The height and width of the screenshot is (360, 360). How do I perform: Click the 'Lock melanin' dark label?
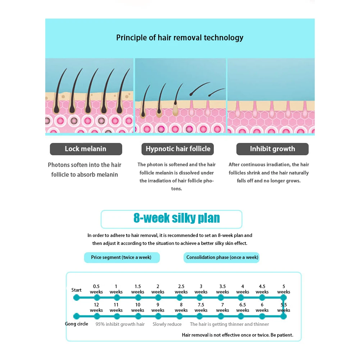(x=86, y=149)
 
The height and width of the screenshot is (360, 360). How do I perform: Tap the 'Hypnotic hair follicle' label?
(x=178, y=149)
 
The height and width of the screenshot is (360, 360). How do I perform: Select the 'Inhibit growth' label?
(x=273, y=149)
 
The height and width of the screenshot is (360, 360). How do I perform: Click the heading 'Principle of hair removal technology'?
(x=180, y=38)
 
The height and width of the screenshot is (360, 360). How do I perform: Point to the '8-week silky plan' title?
(x=177, y=218)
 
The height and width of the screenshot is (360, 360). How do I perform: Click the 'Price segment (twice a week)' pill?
(x=122, y=258)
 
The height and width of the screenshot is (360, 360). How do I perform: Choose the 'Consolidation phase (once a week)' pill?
(x=222, y=258)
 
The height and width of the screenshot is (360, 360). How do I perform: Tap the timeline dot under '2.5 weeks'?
(x=179, y=297)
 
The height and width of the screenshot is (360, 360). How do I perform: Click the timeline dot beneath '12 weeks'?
(x=97, y=316)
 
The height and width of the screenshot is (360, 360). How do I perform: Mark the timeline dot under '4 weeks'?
(x=241, y=297)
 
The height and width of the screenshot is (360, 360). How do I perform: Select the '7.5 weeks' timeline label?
(x=201, y=307)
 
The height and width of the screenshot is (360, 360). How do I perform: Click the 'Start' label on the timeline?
(x=77, y=290)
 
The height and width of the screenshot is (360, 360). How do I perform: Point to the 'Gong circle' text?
(x=77, y=324)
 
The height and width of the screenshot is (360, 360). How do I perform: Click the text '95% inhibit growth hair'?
(x=120, y=324)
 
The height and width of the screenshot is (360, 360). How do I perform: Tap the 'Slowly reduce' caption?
(x=167, y=324)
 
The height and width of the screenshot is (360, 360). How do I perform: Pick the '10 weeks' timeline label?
(x=138, y=307)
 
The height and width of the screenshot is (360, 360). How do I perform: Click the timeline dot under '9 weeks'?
(x=158, y=316)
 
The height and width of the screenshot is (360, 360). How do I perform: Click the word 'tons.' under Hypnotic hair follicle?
(x=176, y=189)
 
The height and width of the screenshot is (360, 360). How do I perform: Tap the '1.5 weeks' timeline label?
(x=138, y=289)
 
